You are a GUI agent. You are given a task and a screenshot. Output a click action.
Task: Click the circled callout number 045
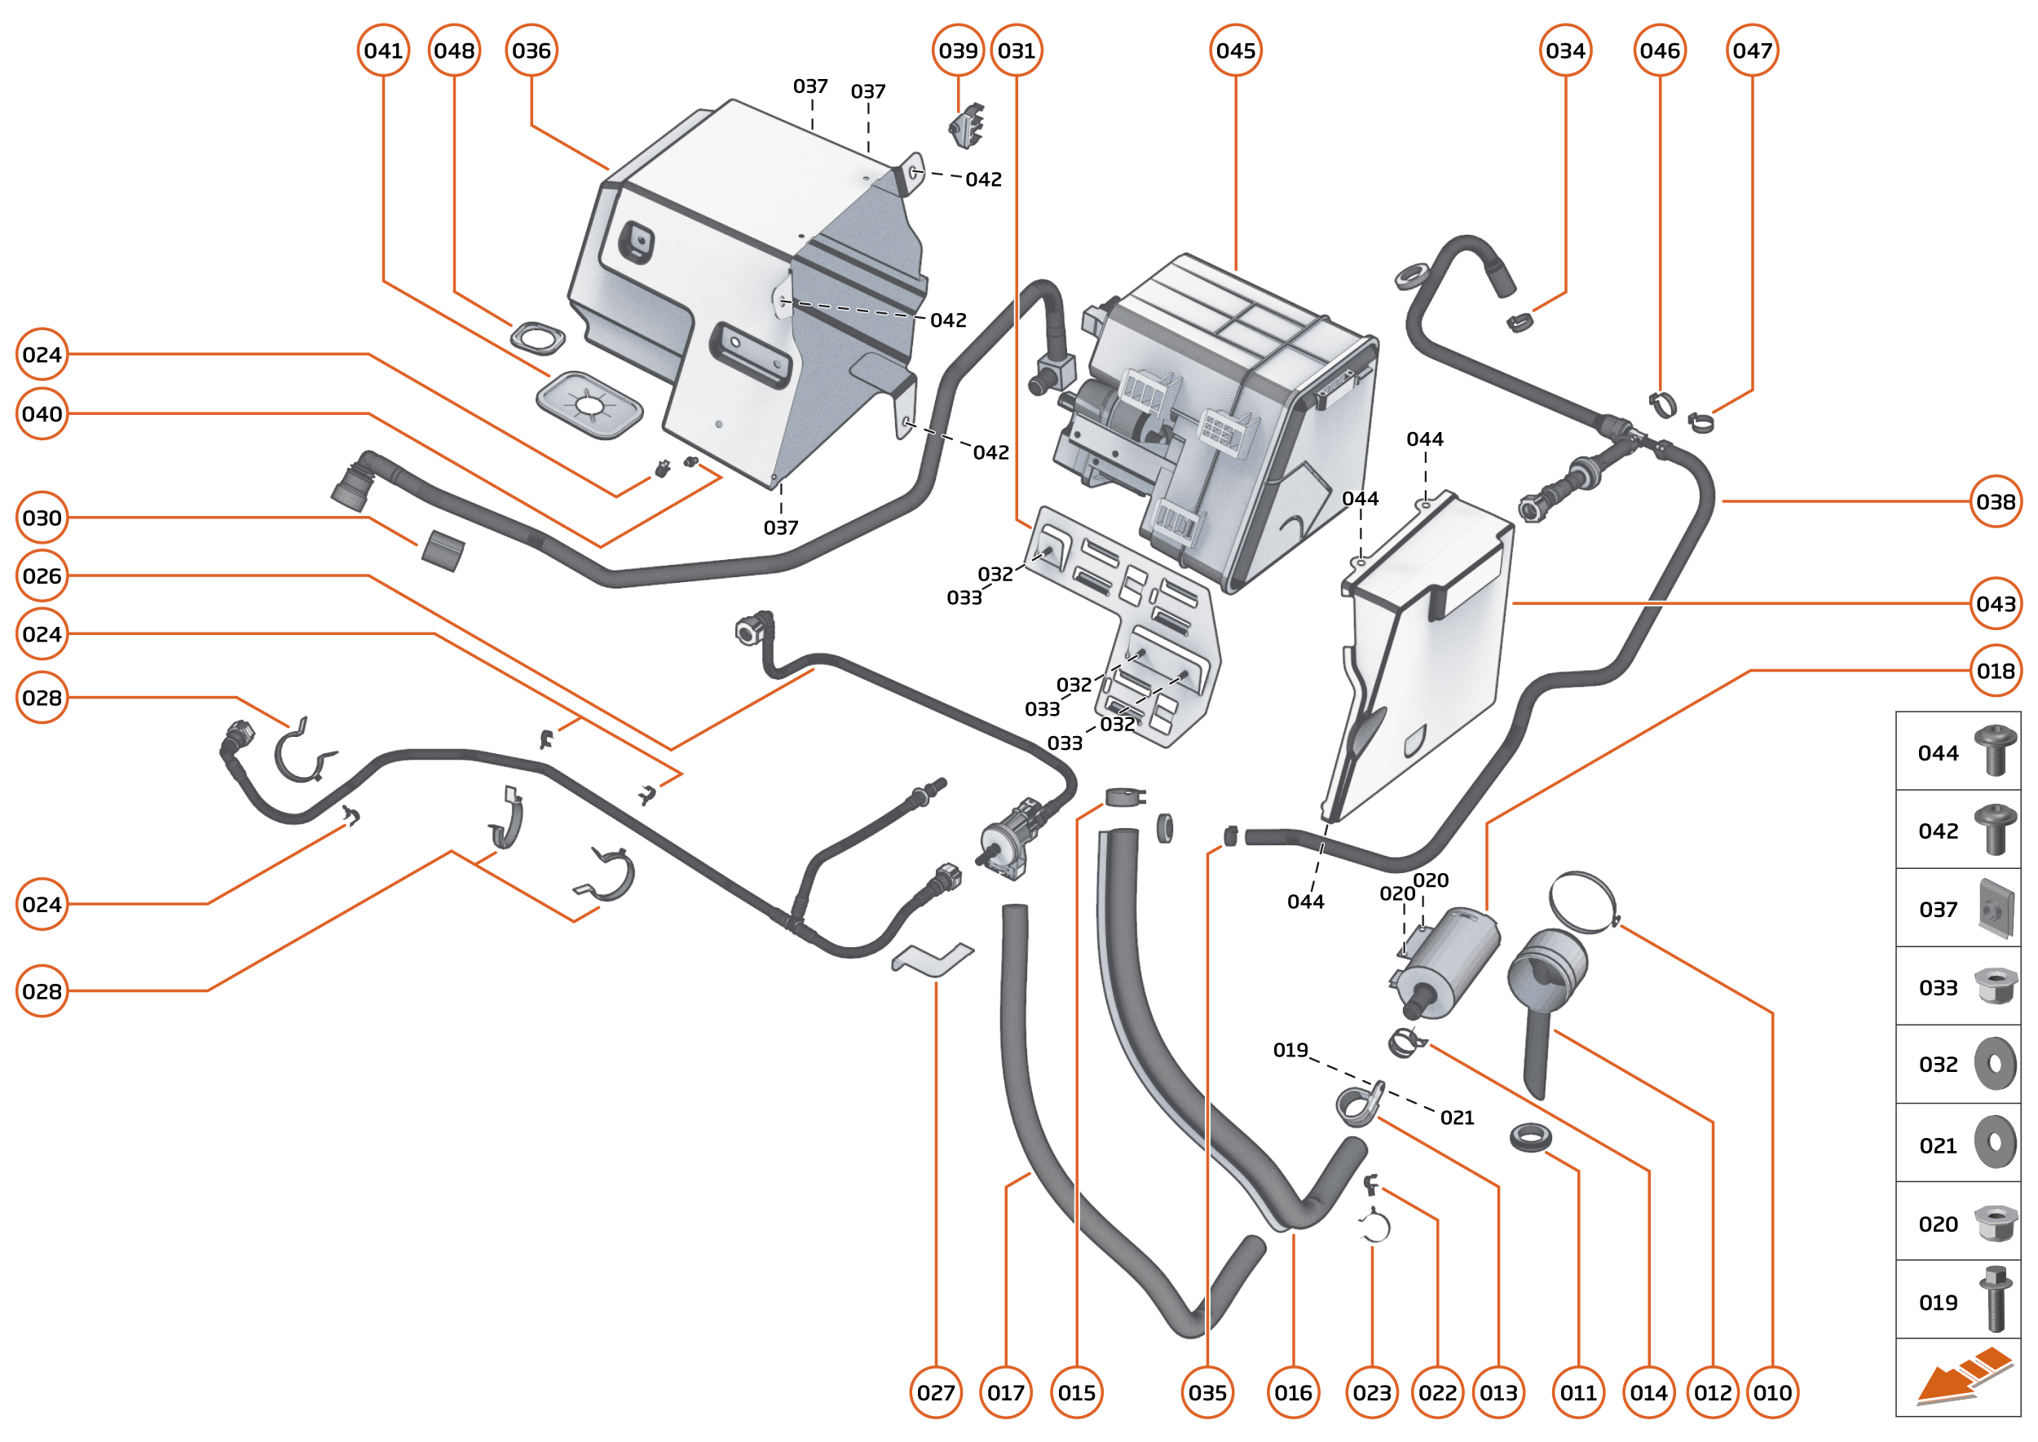pos(1235,51)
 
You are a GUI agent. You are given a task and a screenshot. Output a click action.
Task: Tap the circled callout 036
pos(531,51)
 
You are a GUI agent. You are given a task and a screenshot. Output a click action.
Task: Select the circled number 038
pos(1996,501)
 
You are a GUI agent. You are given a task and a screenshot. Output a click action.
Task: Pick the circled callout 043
pos(1996,604)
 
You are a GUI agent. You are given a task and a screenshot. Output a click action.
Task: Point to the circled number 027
pos(935,1392)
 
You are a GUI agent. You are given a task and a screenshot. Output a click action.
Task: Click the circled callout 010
pos(1771,1392)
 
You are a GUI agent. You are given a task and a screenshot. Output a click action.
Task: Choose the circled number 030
pos(42,518)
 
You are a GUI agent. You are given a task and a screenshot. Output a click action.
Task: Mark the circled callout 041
pos(382,51)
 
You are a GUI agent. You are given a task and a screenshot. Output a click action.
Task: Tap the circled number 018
pos(1996,672)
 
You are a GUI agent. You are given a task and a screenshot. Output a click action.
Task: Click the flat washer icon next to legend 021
pos(1995,1143)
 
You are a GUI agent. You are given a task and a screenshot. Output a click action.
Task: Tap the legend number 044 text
pos(1938,753)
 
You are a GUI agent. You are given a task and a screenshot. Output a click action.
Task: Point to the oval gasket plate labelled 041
pos(589,405)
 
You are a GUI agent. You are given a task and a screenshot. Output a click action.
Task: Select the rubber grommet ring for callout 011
pos(1530,1136)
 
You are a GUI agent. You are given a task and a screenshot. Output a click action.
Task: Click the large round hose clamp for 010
pos(1582,902)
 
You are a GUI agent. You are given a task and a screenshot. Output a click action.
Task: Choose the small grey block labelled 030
pos(442,550)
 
